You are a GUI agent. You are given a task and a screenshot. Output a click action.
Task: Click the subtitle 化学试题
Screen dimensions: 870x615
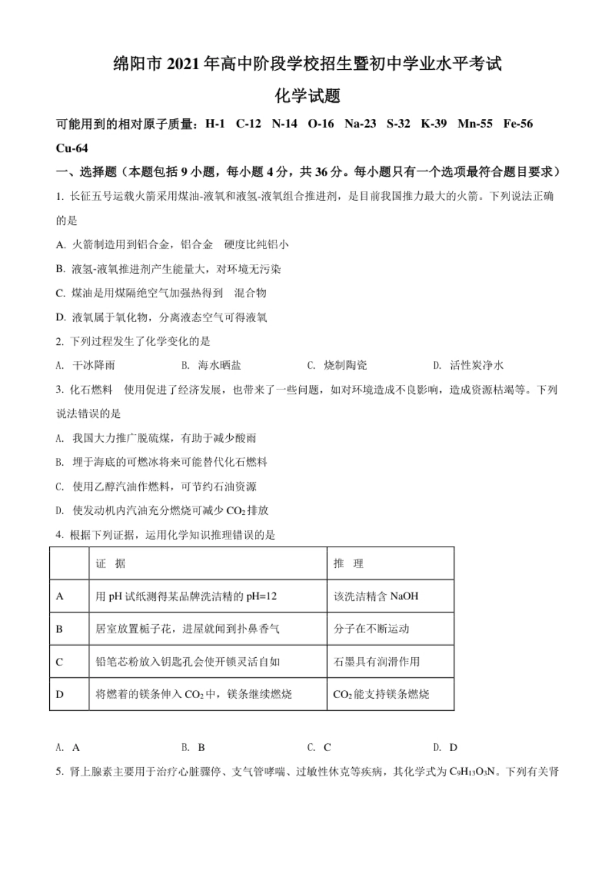point(307,96)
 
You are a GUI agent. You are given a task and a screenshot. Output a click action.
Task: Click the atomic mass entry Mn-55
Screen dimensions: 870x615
point(475,124)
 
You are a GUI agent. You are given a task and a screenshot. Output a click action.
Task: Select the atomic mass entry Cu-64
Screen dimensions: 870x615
point(72,148)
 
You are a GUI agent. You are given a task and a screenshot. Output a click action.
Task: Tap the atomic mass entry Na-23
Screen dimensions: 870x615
point(360,124)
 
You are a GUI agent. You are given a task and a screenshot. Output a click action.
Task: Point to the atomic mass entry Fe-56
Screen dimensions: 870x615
point(518,124)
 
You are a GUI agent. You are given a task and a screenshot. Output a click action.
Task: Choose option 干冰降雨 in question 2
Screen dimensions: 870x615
point(94,365)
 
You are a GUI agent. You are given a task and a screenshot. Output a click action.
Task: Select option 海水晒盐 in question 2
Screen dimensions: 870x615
point(219,365)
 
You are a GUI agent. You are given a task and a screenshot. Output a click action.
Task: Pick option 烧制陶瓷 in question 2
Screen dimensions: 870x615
point(346,365)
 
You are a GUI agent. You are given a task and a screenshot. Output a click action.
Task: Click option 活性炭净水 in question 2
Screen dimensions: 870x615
point(476,365)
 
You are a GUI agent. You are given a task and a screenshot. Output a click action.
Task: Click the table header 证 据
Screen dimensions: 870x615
point(111,563)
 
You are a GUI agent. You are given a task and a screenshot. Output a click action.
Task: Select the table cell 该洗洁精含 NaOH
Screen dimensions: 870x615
point(375,596)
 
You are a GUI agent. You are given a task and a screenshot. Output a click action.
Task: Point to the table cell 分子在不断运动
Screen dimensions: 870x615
point(372,629)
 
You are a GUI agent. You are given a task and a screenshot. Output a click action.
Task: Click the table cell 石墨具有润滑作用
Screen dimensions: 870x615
point(376,662)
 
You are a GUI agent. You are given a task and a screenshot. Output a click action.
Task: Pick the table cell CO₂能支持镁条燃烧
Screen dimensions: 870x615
point(381,695)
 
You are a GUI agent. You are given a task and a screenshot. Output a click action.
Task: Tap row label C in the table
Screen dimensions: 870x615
point(60,662)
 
